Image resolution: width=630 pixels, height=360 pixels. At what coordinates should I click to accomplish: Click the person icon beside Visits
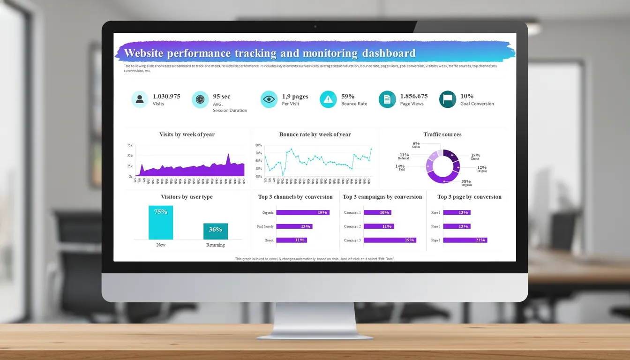(140, 99)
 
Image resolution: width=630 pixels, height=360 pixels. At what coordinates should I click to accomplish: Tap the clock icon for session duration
(200, 99)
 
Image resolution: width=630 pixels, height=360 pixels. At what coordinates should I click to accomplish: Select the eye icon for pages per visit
(269, 99)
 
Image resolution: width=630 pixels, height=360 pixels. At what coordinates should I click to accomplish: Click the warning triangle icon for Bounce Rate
(328, 99)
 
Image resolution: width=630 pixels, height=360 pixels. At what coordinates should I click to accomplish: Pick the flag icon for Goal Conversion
(448, 99)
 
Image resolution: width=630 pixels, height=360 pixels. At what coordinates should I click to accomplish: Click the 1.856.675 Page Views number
(413, 96)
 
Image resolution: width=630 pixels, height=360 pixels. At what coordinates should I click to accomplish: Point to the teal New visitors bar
(161, 223)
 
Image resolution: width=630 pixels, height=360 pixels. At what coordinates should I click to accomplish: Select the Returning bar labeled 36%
(215, 231)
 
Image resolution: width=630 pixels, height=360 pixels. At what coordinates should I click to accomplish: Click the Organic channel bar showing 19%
(303, 212)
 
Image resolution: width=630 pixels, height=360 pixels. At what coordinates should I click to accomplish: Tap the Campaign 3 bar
(390, 240)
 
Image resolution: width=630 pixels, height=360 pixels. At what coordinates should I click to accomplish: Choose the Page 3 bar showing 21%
(465, 240)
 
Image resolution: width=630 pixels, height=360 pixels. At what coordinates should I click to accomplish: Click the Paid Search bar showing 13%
(294, 226)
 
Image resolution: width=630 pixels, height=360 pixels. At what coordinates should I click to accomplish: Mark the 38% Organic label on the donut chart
(466, 182)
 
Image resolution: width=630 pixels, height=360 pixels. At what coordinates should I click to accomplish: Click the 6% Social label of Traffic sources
(416, 144)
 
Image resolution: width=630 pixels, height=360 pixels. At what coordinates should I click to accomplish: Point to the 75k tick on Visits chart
(129, 145)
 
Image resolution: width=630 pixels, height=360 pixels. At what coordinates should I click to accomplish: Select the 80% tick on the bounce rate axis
(258, 145)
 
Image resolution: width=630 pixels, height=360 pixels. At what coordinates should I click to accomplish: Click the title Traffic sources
(442, 135)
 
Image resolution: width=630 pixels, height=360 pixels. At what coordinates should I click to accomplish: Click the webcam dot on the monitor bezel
(315, 27)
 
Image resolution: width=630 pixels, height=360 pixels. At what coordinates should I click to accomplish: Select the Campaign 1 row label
(352, 212)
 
